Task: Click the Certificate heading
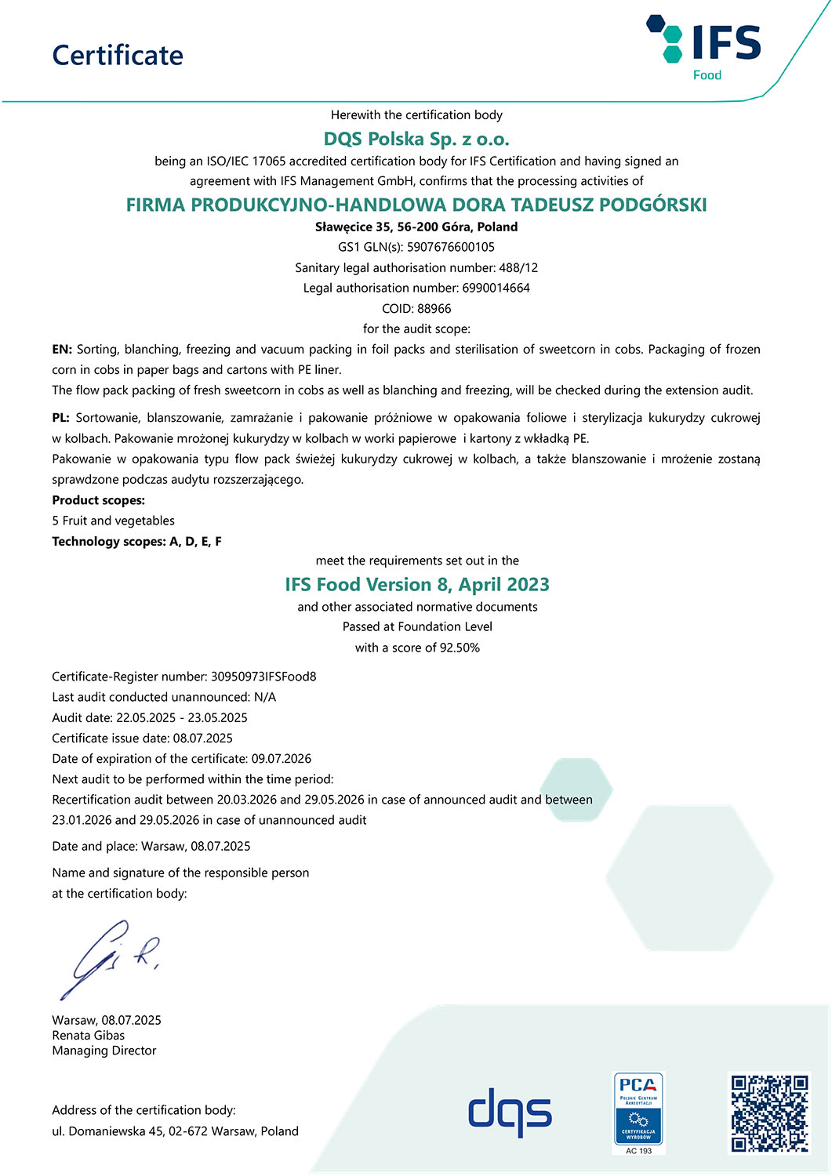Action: coord(118,56)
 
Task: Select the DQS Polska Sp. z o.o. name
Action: coord(416,140)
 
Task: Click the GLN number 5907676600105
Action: coord(451,247)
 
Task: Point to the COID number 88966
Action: coord(434,309)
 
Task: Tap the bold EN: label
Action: coord(62,350)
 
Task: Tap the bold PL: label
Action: coord(61,418)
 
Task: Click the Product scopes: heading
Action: coord(99,500)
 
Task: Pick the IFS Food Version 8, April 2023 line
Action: coord(417,585)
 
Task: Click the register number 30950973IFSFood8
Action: coord(263,677)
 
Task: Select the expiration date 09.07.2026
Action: coord(282,759)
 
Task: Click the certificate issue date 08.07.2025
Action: coord(203,738)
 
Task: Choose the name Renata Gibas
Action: coord(89,1036)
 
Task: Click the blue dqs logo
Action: coord(510,1111)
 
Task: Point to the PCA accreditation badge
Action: coord(638,1112)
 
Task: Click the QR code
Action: coord(769,1113)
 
